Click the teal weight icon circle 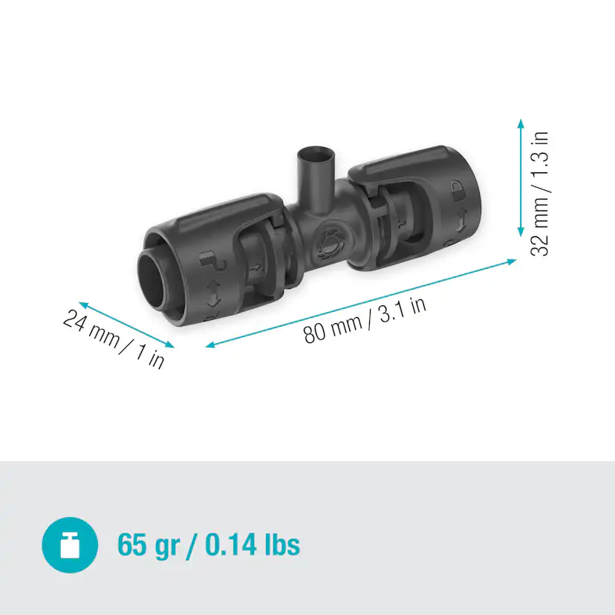[x=70, y=544]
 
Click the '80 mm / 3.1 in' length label [x=365, y=320]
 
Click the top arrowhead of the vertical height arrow [x=521, y=123]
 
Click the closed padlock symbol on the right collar [x=458, y=186]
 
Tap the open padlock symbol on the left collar [x=207, y=260]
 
